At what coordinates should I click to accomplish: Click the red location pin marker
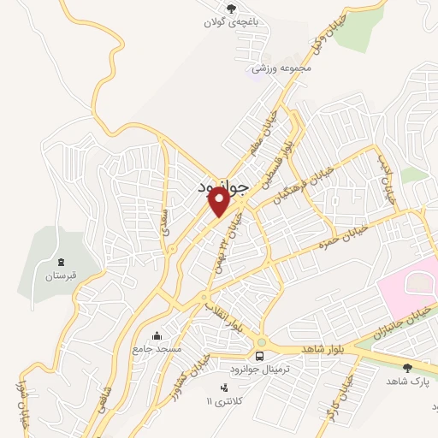point(219,201)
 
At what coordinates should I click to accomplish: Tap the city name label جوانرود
point(221,186)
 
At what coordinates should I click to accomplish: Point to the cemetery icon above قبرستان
point(60,262)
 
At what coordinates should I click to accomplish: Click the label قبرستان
point(60,276)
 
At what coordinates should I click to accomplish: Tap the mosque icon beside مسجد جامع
point(157,335)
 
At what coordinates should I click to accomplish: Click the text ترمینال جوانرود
point(263,368)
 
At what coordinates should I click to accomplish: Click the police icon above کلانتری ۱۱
point(224,388)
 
